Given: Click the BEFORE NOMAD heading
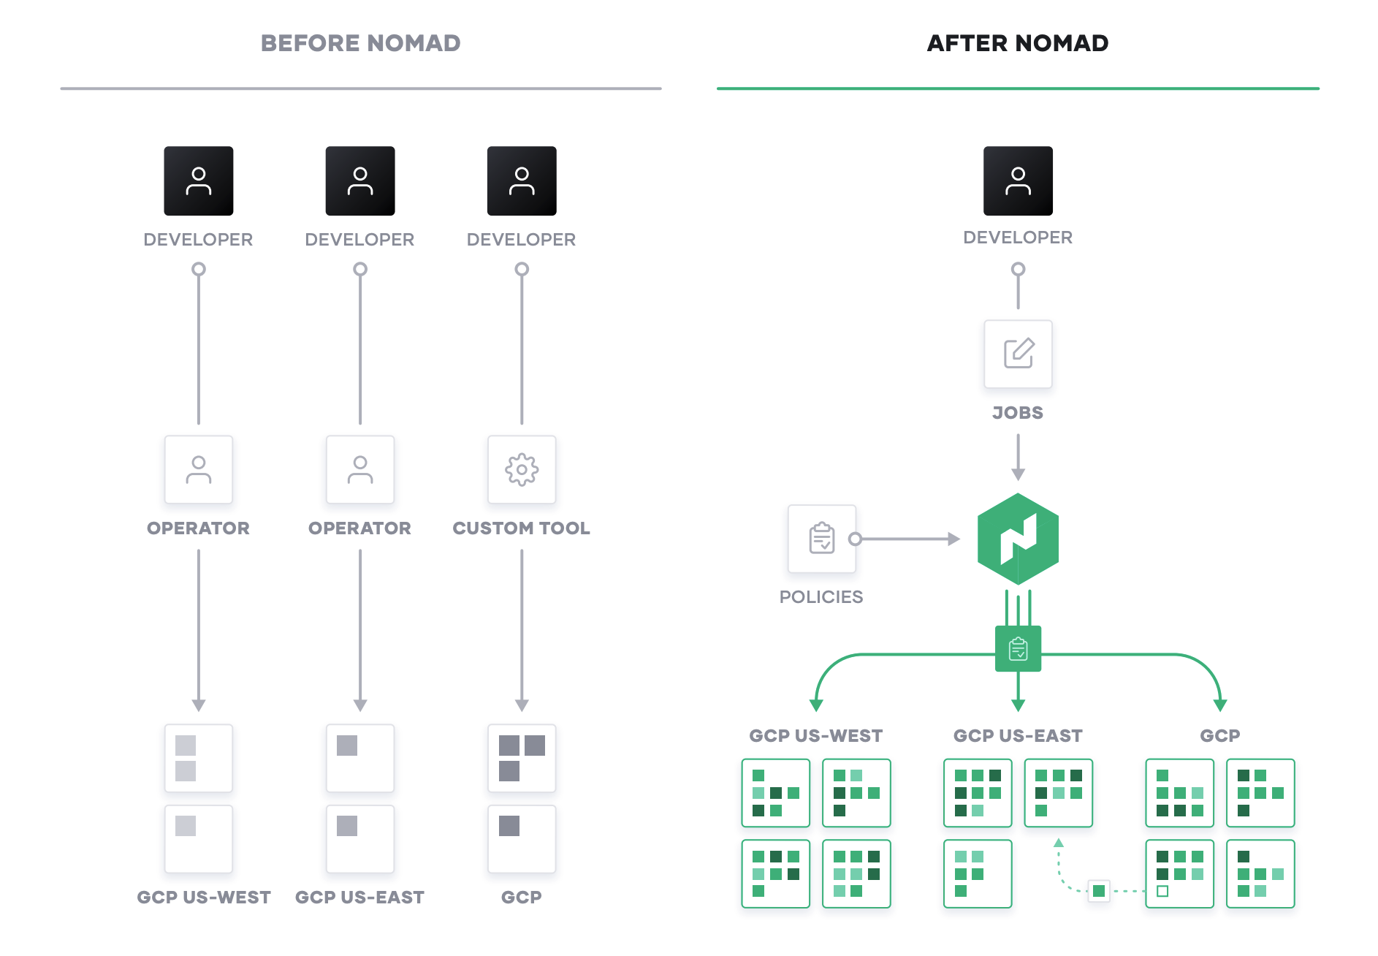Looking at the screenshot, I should pos(360,43).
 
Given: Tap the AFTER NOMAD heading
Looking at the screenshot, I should pos(1017,43).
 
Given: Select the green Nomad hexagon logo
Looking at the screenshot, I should pos(1018,539).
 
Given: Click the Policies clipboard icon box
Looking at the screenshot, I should pos(822,539).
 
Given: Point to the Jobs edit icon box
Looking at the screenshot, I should pos(1018,354).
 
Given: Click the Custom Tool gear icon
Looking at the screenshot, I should pos(522,470).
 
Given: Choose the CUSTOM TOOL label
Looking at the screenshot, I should pos(521,528).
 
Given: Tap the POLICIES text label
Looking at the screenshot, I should pos(821,597).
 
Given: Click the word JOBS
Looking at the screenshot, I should pos(1018,413).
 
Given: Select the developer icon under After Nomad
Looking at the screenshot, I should pos(1018,181).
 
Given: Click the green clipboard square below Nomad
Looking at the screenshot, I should pos(1018,648).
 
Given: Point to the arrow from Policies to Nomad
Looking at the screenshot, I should pos(906,539).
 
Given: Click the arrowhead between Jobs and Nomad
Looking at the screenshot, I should pos(1018,474).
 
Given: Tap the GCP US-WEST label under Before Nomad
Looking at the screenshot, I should pos(204,898).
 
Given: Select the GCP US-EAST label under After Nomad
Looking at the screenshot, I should pos(1018,736).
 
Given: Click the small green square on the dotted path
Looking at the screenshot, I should pos(1098,891).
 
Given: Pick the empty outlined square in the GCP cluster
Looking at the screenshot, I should pos(1162,891).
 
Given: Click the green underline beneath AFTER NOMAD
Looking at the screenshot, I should pos(1017,88).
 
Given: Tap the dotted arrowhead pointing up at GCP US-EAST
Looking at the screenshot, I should pos(1058,843).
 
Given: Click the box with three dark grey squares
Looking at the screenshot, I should pos(522,758).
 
